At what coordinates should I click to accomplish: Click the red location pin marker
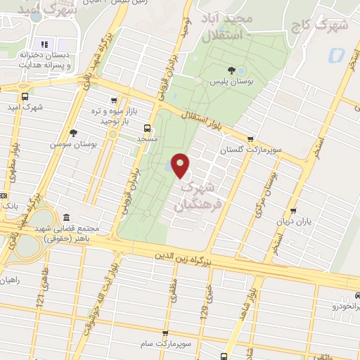181,165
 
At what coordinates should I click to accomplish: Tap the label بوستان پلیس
231,82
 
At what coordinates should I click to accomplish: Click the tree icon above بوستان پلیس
231,69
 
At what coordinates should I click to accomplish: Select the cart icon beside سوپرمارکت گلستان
250,139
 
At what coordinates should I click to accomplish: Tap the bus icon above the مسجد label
147,127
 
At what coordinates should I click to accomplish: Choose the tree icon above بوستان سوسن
73,131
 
